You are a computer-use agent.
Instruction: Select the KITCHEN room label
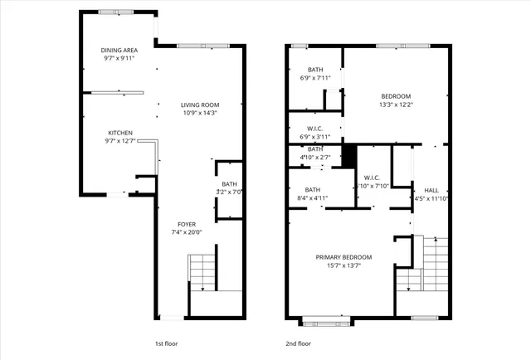pos(120,133)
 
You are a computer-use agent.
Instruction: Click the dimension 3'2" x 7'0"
pos(229,192)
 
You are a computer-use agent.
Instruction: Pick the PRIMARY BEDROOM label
pos(343,257)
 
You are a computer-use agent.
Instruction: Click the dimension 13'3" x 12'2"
pos(395,105)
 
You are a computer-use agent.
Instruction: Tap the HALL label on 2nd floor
pos(431,190)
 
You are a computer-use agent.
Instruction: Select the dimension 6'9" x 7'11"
pos(314,78)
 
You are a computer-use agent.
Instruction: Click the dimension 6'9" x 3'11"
pos(314,137)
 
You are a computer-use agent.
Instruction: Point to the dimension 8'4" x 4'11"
pos(313,198)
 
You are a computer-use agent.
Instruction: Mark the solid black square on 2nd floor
pos(349,155)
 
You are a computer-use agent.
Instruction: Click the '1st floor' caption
pos(166,343)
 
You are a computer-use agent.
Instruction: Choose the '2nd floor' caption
pos(299,343)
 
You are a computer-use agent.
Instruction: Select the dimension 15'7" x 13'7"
pos(343,265)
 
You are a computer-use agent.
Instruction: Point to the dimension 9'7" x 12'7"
pos(120,141)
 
